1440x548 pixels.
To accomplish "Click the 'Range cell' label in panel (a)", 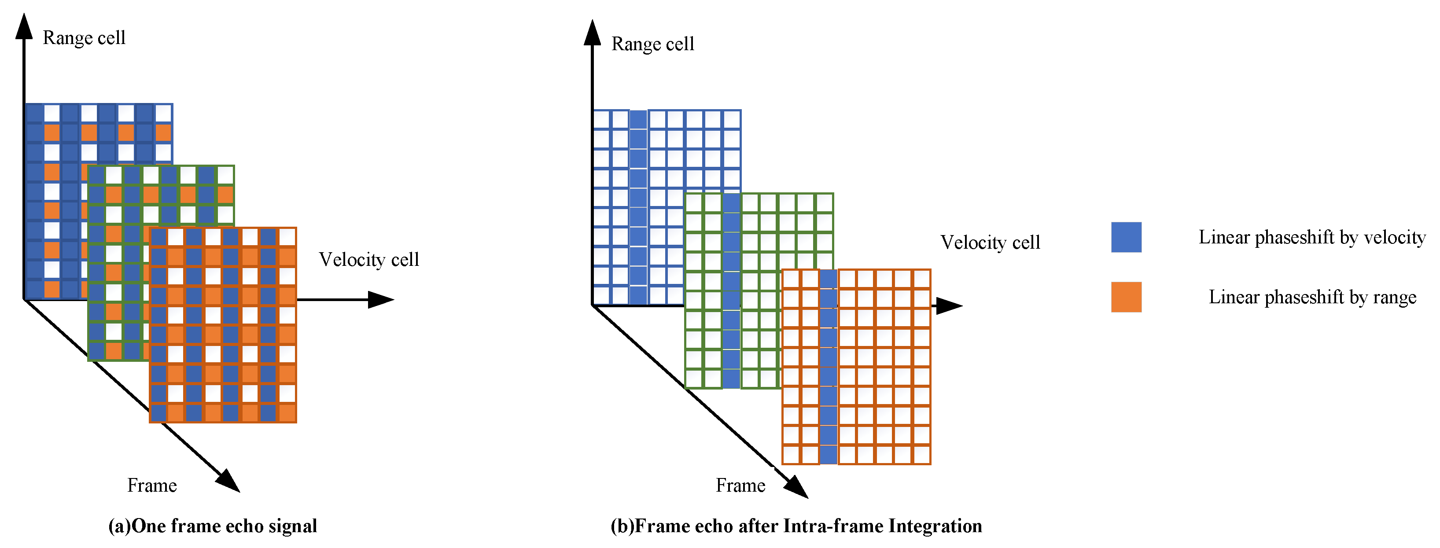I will pos(84,38).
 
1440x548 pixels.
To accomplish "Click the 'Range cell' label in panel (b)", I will pos(652,44).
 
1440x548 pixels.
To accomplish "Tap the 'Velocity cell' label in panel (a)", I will pos(369,259).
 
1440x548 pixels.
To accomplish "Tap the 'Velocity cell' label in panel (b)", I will pos(990,242).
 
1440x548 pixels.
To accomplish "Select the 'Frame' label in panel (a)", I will pos(152,485).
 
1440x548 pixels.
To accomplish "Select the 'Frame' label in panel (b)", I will pos(740,485).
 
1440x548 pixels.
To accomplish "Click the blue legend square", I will pos(1126,237).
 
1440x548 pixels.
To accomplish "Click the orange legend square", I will pos(1126,297).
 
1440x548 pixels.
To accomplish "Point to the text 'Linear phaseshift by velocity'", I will pos(1312,237).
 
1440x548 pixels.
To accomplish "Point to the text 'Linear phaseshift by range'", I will pos(1312,297).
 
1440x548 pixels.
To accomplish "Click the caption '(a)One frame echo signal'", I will pos(213,526).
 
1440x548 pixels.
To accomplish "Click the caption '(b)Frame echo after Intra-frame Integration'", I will pos(796,526).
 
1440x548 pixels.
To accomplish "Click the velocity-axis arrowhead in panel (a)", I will pos(381,300).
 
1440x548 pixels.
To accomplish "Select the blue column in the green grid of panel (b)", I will pos(731,291).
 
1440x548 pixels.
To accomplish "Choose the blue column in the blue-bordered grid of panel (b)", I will pos(638,207).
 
